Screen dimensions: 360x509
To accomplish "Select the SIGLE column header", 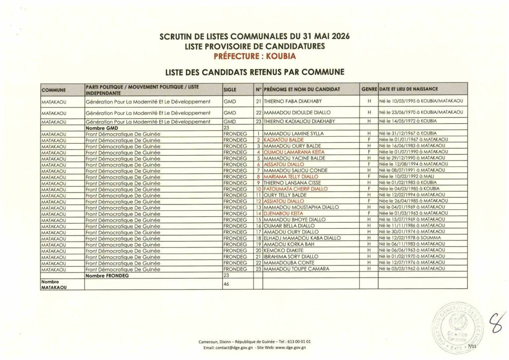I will [231, 89].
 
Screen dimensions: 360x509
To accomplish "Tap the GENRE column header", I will [369, 89].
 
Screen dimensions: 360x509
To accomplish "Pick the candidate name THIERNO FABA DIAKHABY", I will [292, 101].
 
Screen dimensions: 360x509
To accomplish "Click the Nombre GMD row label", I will [101, 128].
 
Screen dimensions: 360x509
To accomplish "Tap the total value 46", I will [227, 284].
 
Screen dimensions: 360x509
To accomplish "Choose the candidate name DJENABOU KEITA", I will [282, 213].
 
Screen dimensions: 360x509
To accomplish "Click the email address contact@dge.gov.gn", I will [232, 348].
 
